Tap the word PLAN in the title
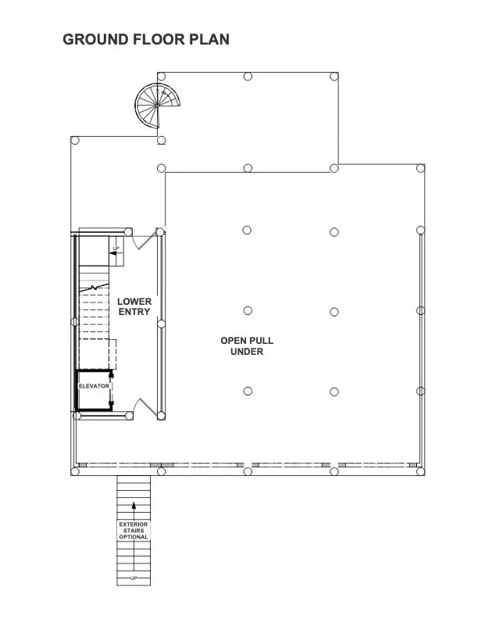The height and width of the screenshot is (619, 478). tap(209, 39)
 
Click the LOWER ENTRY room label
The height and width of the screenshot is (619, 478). tap(134, 306)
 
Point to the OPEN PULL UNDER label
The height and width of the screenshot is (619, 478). tap(247, 346)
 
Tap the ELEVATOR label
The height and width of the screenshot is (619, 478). tap(93, 386)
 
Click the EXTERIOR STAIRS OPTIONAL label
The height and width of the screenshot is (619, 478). tap(134, 530)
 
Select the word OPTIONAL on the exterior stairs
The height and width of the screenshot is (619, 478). tap(134, 537)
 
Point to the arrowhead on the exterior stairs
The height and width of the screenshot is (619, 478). tap(134, 506)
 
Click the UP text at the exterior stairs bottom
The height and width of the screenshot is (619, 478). tap(134, 578)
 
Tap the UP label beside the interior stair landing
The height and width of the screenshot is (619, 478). tap(116, 249)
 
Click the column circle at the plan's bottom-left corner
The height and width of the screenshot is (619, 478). tap(76, 471)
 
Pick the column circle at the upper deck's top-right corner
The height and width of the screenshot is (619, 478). tap(334, 77)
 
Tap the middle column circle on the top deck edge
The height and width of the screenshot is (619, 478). tap(248, 77)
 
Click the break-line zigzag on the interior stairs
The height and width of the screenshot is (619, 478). tap(96, 288)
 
